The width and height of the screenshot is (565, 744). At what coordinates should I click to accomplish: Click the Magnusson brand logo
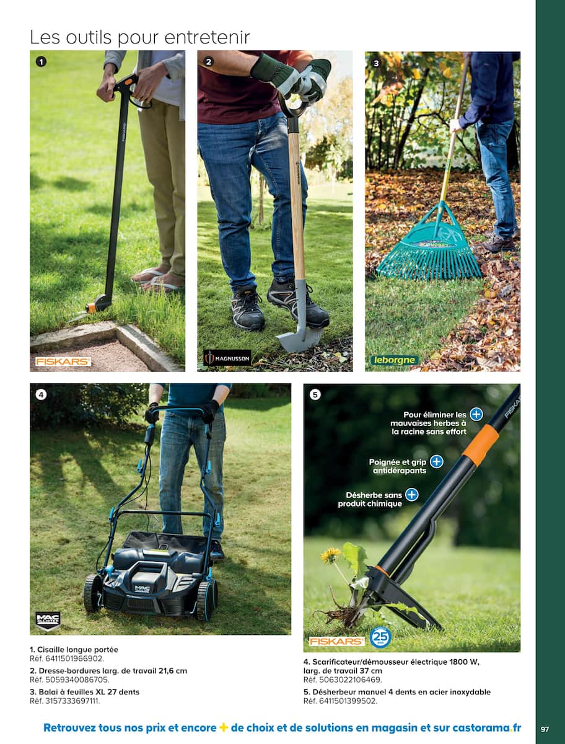(x=227, y=358)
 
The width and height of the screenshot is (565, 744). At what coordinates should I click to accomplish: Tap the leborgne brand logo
(x=395, y=360)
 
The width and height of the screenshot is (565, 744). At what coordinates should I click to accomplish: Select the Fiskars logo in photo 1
(x=63, y=361)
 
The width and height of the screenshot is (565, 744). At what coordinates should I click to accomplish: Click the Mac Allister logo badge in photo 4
(x=48, y=621)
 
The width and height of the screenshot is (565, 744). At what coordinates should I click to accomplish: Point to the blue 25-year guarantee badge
(x=380, y=637)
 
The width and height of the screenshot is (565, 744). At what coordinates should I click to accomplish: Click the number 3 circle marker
(x=376, y=63)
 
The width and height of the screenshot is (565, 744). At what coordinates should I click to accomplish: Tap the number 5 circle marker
(x=315, y=395)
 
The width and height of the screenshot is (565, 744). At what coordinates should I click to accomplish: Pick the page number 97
(x=545, y=728)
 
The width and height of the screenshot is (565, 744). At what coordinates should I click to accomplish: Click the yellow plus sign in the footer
(x=224, y=727)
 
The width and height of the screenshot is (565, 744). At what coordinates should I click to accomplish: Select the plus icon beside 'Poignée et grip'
(x=436, y=462)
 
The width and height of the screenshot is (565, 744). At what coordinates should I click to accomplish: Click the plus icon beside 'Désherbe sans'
(x=411, y=495)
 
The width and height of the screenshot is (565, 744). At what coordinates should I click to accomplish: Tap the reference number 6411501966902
(x=74, y=658)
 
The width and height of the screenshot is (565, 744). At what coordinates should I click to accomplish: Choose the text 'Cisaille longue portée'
(x=78, y=649)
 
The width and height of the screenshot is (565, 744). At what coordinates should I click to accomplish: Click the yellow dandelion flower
(x=330, y=555)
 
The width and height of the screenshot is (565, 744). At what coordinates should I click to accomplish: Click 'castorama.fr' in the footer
(x=487, y=727)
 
